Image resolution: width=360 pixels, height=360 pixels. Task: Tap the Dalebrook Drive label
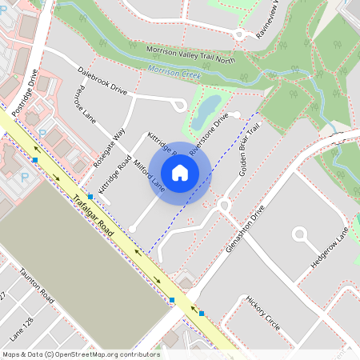(x=102, y=82)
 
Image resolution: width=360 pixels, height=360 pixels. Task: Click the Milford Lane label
(x=149, y=175)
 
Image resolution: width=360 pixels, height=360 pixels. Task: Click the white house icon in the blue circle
(x=180, y=173)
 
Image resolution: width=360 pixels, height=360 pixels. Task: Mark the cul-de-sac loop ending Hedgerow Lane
(x=301, y=235)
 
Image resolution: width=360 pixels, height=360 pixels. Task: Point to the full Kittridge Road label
(x=114, y=170)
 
